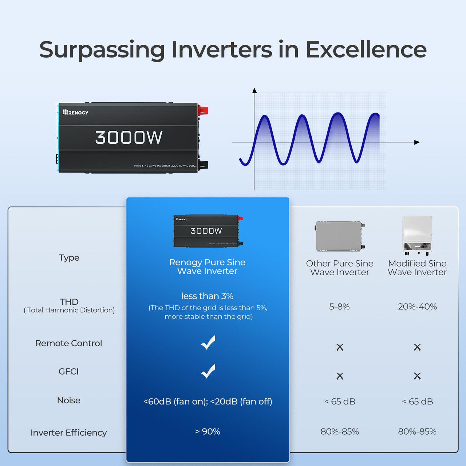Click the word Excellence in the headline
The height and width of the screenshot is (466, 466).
click(366, 50)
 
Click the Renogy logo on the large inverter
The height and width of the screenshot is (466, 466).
click(76, 112)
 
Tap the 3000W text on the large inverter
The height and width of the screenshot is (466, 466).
click(129, 138)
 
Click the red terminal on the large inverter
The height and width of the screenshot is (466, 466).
click(203, 110)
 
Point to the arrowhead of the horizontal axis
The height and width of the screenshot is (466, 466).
click(417, 142)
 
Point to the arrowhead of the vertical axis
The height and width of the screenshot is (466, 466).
click(254, 90)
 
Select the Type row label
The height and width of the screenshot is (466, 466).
click(69, 258)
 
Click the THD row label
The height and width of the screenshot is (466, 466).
click(69, 302)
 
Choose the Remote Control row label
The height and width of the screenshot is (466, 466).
click(68, 343)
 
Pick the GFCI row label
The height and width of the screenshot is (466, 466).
click(68, 372)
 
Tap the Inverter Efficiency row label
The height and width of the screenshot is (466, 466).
click(68, 433)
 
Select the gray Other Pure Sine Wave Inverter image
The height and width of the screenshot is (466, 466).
click(340, 236)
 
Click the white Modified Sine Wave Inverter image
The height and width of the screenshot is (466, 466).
click(417, 235)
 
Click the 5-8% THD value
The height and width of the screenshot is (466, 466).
click(339, 307)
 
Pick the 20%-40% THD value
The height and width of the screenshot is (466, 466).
click(417, 307)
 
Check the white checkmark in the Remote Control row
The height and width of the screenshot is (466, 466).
click(208, 343)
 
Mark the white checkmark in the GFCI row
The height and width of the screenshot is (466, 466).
click(208, 371)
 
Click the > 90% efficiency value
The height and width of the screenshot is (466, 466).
click(208, 431)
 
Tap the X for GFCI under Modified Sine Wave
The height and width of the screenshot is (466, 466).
click(417, 376)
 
